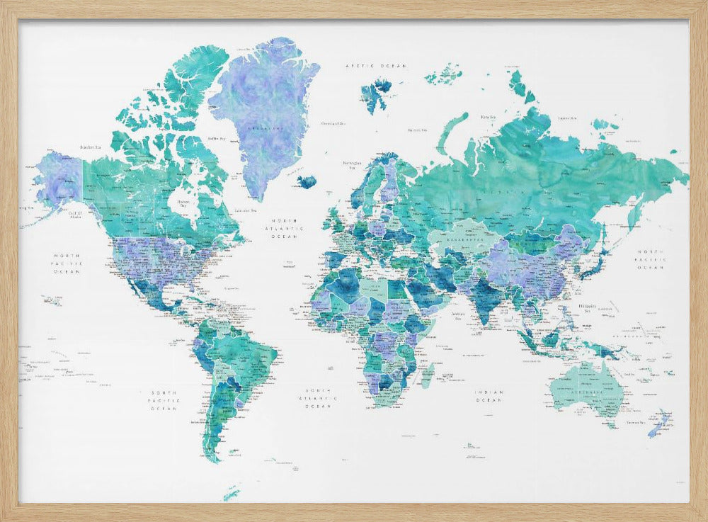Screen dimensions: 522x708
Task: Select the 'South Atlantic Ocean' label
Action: [318, 398]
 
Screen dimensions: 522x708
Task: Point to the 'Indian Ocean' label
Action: [488, 396]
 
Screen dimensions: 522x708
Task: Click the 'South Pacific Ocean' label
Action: [164, 400]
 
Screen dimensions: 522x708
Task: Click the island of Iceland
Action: [307, 181]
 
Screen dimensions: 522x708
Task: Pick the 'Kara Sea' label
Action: [487, 116]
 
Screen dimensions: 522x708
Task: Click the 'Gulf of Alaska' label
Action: [76, 214]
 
